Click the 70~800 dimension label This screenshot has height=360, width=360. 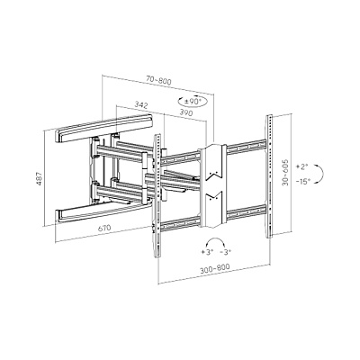(x=158, y=80)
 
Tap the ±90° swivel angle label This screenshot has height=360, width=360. (x=193, y=102)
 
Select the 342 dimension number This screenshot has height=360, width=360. (x=141, y=105)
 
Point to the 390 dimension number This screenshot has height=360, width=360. (x=186, y=112)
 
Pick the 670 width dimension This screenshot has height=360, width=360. (x=104, y=228)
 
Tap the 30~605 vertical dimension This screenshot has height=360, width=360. (x=285, y=173)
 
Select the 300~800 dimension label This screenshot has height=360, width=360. (x=215, y=268)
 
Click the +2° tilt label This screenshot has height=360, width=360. (x=302, y=166)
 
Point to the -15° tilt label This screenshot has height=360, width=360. (x=302, y=181)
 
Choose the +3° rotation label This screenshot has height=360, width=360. (x=207, y=252)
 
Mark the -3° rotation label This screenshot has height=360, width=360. (x=225, y=252)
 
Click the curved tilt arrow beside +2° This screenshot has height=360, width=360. (x=322, y=174)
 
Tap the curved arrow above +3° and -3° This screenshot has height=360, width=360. (x=216, y=239)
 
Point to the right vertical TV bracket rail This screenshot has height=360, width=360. (x=269, y=176)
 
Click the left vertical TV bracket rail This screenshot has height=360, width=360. (x=157, y=195)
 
